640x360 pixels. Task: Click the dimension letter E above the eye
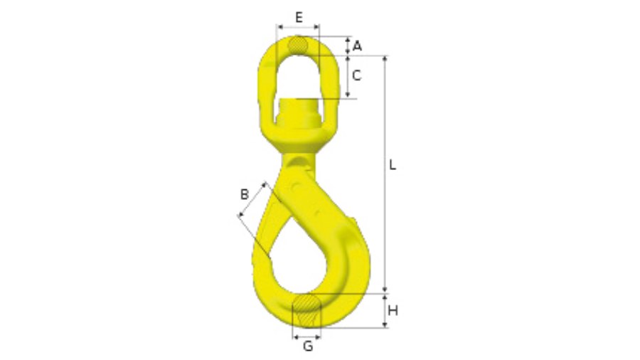pyautogui.click(x=299, y=16)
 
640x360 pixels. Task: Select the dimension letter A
pyautogui.click(x=357, y=46)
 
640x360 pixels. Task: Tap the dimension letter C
pyautogui.click(x=358, y=74)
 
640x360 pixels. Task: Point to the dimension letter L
pyautogui.click(x=393, y=165)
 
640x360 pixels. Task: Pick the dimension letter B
pyautogui.click(x=244, y=194)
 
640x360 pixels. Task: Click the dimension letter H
pyautogui.click(x=393, y=310)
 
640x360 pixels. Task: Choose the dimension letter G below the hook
pyautogui.click(x=307, y=346)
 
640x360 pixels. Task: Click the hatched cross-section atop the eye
pyautogui.click(x=299, y=44)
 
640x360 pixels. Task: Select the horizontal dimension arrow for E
pyautogui.click(x=299, y=27)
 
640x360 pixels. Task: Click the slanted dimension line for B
pyautogui.click(x=253, y=201)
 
